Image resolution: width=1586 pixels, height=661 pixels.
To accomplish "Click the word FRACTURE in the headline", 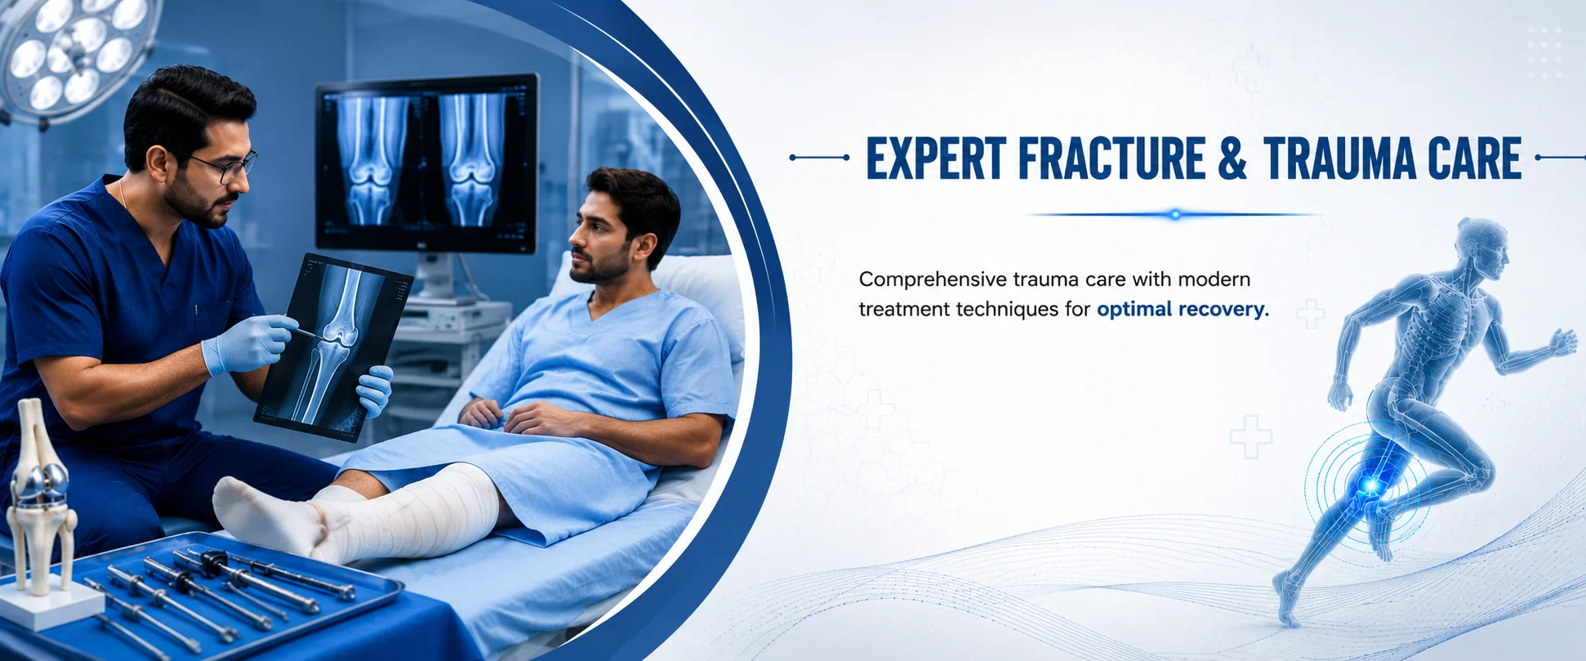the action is [1112, 158].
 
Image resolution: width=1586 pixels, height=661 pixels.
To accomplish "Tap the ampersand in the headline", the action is [1232, 158].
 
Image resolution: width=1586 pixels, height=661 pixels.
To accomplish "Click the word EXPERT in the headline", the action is [936, 158].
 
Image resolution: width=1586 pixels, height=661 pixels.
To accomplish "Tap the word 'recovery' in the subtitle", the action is [1222, 310].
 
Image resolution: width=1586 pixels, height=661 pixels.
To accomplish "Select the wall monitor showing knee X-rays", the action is [426, 163].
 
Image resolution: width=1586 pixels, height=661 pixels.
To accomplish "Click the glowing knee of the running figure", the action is [1370, 487].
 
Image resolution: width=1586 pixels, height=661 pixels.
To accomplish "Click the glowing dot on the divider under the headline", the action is [1175, 215].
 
